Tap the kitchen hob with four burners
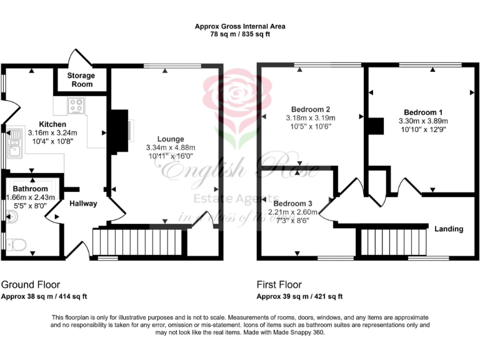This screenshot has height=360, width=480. tap(77, 106)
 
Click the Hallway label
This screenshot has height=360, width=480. tap(83, 203)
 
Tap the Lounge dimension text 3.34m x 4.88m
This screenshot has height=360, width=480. tap(166, 147)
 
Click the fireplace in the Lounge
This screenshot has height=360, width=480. tap(119, 131)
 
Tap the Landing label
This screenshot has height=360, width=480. tap(449, 229)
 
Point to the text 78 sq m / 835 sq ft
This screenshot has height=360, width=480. tap(239, 34)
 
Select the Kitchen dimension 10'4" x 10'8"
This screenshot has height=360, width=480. tap(52, 141)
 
